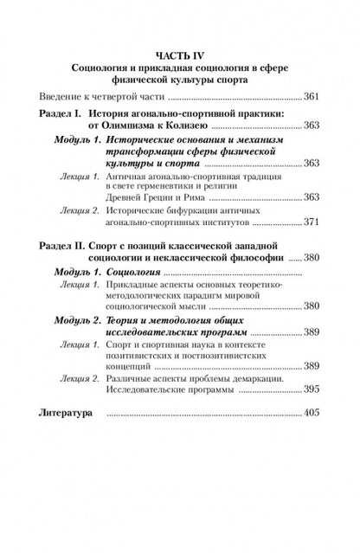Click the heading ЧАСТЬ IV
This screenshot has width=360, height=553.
tap(180, 53)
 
